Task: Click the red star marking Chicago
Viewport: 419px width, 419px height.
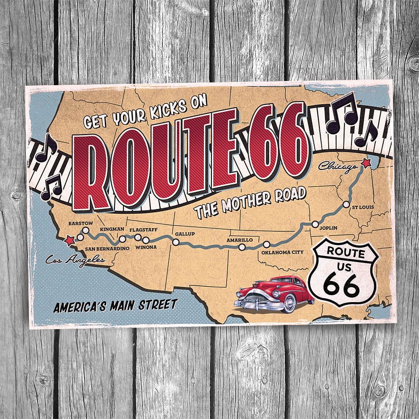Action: click(x=366, y=163)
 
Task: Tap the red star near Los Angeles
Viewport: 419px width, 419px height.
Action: click(x=69, y=240)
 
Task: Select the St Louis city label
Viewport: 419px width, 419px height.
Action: click(x=363, y=207)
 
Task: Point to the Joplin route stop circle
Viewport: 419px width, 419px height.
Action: click(x=315, y=224)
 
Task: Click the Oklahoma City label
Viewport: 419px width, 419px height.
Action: click(x=282, y=252)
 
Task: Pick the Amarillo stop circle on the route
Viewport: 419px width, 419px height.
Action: click(x=242, y=247)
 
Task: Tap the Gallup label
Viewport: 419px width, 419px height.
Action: click(x=185, y=233)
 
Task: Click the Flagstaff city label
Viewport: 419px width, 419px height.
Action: click(x=143, y=230)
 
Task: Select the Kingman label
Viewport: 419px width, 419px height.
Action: click(x=112, y=229)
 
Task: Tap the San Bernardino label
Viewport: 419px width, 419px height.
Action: click(x=107, y=249)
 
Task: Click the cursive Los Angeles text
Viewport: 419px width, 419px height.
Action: click(x=75, y=259)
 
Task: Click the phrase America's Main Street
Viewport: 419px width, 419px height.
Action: click(x=115, y=306)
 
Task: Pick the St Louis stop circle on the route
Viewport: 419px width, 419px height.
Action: click(x=346, y=204)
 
